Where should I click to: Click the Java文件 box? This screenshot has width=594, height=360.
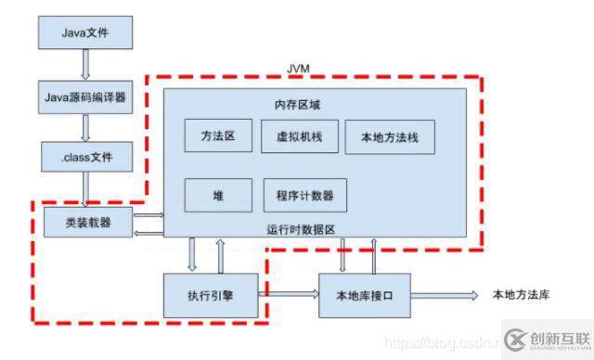click(85, 32)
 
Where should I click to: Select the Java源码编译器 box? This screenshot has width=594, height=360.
click(85, 96)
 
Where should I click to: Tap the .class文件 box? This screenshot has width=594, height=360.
click(85, 157)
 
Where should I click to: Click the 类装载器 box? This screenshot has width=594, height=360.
click(85, 222)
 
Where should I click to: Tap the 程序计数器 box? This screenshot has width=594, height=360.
click(304, 196)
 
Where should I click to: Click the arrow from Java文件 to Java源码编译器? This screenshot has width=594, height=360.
click(85, 64)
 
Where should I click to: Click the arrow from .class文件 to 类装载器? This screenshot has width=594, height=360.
click(85, 189)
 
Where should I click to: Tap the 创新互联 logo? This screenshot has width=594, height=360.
click(548, 339)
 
